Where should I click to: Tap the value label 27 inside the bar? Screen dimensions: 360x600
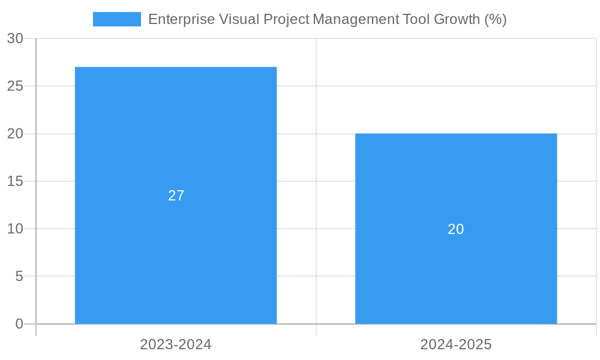pyautogui.click(x=176, y=196)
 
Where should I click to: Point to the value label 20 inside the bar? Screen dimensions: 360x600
pyautogui.click(x=456, y=229)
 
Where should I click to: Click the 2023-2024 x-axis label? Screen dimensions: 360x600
pyautogui.click(x=176, y=344)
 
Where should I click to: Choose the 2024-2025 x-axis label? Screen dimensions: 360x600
pyautogui.click(x=456, y=344)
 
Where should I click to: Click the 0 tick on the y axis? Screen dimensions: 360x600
pyautogui.click(x=19, y=324)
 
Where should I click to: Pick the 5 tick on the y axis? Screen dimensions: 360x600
pyautogui.click(x=19, y=277)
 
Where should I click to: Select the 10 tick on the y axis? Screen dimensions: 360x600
pyautogui.click(x=15, y=229)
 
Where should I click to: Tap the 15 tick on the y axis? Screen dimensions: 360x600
pyautogui.click(x=15, y=181)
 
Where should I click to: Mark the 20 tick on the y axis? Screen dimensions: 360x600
pyautogui.click(x=15, y=134)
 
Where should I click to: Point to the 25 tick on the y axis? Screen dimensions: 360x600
pyautogui.click(x=15, y=86)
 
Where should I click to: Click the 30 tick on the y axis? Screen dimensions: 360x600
pyautogui.click(x=15, y=38)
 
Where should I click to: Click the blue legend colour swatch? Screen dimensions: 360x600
pyautogui.click(x=117, y=19)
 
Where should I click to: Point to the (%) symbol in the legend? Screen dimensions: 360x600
pyautogui.click(x=496, y=19)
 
